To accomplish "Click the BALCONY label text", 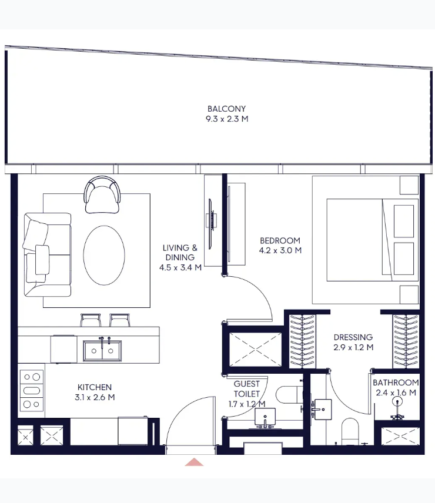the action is tap(226, 109).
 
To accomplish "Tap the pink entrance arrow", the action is tap(194, 462).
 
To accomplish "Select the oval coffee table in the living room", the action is tap(104, 256).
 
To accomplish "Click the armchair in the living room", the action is tap(102, 195).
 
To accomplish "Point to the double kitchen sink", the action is tap(102, 351).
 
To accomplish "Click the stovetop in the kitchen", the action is tap(32, 391).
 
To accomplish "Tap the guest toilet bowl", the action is tap(289, 394).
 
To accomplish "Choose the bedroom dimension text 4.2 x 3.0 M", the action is tap(280, 250).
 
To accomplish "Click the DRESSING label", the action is tap(353, 337).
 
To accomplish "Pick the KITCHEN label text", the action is tap(95, 387).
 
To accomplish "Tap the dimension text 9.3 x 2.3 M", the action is tap(227, 119).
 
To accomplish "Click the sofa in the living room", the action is tap(47, 254).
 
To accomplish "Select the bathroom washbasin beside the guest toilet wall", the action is tap(322, 410).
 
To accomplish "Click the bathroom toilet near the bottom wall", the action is tap(350, 431).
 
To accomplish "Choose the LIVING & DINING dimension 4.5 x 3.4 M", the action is tap(180, 267).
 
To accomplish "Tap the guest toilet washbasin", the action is tap(265, 417).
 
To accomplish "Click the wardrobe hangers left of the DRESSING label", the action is tap(302, 341).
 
